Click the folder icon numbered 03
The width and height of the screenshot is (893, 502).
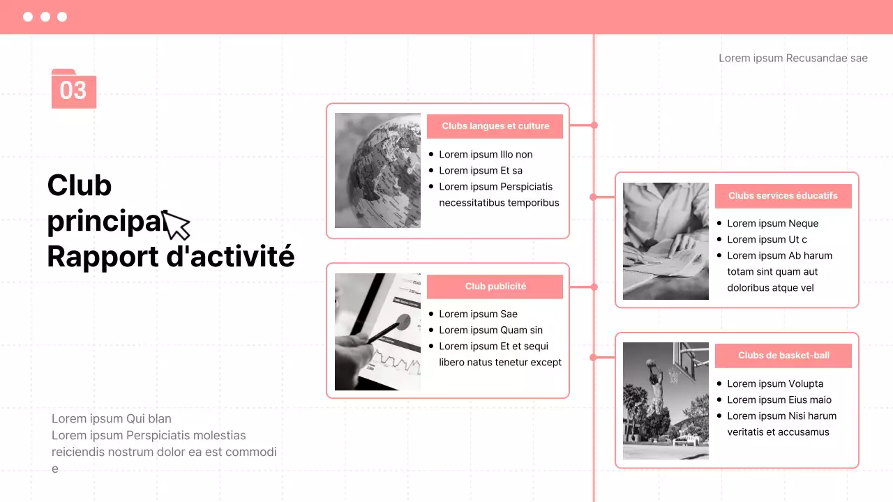click(73, 89)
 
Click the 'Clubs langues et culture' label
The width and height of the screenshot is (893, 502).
click(495, 126)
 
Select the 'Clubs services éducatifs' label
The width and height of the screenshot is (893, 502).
click(783, 196)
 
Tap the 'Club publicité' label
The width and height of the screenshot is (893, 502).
click(495, 287)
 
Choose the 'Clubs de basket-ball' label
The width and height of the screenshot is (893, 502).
click(783, 356)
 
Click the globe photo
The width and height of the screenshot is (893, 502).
click(377, 171)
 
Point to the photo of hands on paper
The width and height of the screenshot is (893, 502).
click(666, 241)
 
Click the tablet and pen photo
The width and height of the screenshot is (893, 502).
click(377, 331)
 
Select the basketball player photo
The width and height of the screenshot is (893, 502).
click(666, 401)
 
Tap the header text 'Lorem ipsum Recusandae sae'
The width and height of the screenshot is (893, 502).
click(793, 58)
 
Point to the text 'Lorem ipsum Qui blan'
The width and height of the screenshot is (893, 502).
click(112, 418)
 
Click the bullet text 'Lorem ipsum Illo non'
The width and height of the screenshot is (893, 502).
click(486, 155)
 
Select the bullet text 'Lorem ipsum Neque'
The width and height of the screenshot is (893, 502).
click(772, 224)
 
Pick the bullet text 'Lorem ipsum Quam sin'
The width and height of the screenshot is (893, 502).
click(490, 330)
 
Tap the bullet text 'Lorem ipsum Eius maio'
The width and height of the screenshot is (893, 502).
click(779, 400)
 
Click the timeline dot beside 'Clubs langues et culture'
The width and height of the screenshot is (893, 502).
click(594, 125)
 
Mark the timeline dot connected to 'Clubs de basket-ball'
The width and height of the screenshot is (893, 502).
click(593, 357)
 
